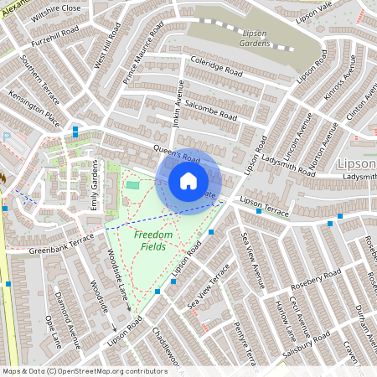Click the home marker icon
(x=188, y=180)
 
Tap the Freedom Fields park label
(x=154, y=241)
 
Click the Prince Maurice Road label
(x=142, y=57)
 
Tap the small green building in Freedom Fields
(x=133, y=184)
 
